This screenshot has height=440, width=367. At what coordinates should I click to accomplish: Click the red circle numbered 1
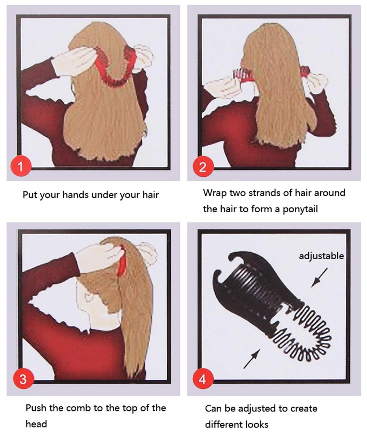click(x=21, y=166)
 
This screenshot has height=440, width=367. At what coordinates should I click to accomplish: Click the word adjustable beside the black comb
click(x=321, y=256)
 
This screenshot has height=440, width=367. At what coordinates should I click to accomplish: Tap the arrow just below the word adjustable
click(x=319, y=277)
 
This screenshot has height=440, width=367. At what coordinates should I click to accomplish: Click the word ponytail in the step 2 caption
click(x=300, y=209)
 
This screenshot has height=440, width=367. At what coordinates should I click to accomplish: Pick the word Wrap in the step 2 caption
click(x=215, y=193)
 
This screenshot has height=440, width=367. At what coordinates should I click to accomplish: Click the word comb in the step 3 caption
click(x=79, y=408)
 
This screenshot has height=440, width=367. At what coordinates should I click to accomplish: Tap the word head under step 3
click(x=36, y=424)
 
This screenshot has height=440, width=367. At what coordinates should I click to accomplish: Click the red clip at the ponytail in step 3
click(x=123, y=261)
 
